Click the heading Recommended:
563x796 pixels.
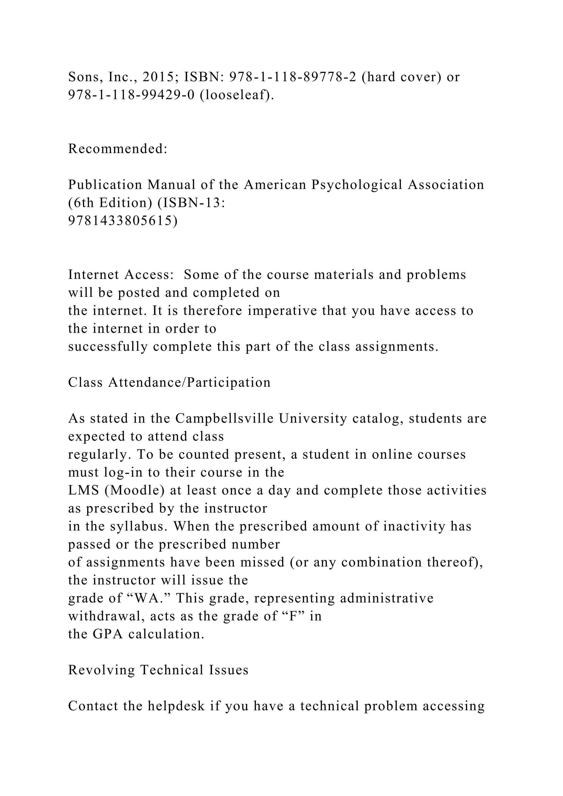[118, 149]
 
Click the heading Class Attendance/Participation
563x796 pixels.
[169, 382]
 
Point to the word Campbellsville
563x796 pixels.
[224, 418]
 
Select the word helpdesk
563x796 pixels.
[176, 706]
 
